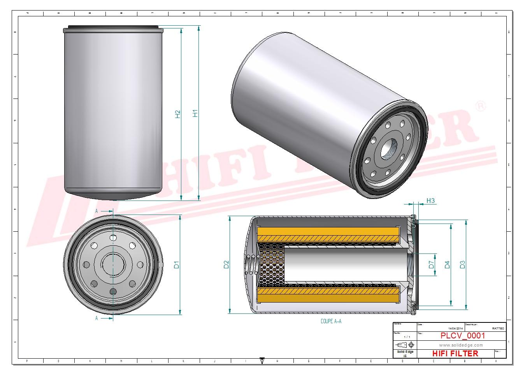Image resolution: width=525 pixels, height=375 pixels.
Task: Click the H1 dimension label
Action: point(196,113)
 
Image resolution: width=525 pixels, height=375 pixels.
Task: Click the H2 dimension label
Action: point(178,114)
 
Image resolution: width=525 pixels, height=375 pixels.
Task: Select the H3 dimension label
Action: point(430,201)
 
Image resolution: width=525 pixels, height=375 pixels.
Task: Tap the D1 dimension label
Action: point(177,265)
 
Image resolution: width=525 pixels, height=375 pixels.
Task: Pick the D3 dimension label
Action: point(462,264)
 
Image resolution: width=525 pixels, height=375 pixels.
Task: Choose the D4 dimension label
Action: point(447,264)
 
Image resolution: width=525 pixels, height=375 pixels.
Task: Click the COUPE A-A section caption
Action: point(331,321)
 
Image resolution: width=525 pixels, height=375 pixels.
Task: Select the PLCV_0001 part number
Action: point(462,336)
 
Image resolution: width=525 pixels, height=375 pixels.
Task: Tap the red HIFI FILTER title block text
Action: point(455,353)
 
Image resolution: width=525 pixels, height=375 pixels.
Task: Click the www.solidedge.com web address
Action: point(461,345)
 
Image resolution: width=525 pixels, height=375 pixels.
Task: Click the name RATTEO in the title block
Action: point(498,329)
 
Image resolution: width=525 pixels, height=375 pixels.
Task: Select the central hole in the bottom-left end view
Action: point(113,265)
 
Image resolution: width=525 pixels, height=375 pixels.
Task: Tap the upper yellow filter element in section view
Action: point(328,234)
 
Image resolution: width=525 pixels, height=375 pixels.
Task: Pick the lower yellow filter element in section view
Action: point(328,295)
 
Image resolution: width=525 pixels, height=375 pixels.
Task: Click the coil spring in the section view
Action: point(252,265)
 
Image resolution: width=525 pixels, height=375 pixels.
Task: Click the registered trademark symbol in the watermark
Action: point(481,106)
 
